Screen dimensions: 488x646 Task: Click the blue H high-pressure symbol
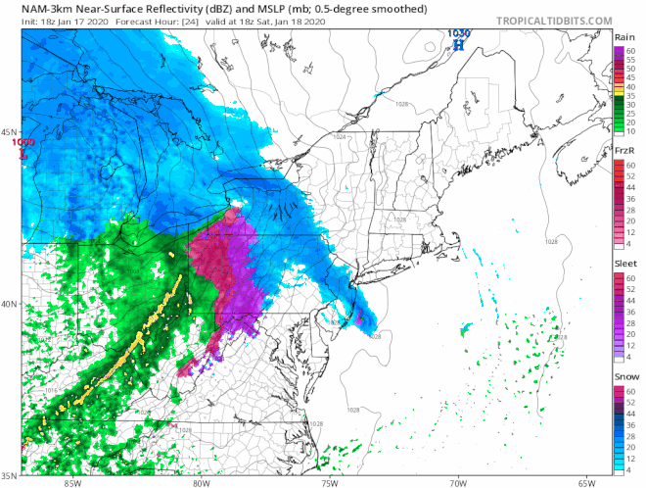click(457, 44)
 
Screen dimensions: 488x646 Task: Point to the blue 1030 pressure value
click(457, 32)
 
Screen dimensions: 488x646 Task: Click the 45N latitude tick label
click(10, 132)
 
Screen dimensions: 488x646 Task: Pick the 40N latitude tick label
click(10, 304)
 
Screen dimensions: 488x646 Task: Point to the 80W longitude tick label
click(201, 482)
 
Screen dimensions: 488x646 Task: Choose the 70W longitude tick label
click(458, 482)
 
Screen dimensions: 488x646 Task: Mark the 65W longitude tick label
click(586, 482)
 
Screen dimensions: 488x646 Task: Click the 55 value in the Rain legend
click(632, 61)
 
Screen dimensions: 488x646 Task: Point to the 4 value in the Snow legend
click(630, 471)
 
